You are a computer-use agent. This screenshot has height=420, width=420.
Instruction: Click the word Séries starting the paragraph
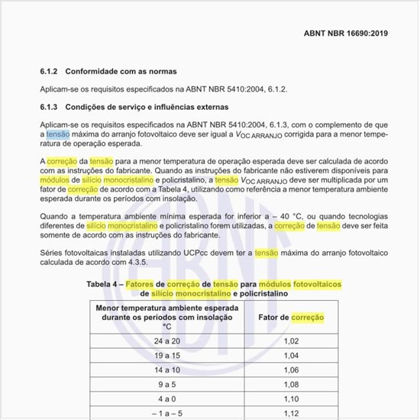point(53,252)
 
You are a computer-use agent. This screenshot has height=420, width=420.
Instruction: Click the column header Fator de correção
point(291,317)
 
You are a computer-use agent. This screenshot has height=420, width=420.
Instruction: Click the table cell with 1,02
point(291,341)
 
